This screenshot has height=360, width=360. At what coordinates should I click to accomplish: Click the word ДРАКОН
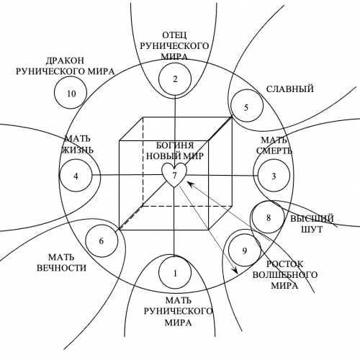65,60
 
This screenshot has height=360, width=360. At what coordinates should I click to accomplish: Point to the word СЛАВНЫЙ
290,89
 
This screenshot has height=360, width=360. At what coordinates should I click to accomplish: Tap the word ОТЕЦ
174,35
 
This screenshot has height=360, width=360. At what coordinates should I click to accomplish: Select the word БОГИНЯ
175,145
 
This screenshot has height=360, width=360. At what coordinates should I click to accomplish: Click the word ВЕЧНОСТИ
61,268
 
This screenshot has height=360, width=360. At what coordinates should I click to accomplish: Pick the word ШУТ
312,230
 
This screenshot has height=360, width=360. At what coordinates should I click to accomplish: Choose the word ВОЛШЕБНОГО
285,275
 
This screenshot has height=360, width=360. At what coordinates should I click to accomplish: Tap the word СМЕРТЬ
274,151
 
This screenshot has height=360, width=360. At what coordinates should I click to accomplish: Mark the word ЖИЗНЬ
77,150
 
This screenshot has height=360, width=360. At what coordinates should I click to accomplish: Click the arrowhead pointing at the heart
190,184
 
